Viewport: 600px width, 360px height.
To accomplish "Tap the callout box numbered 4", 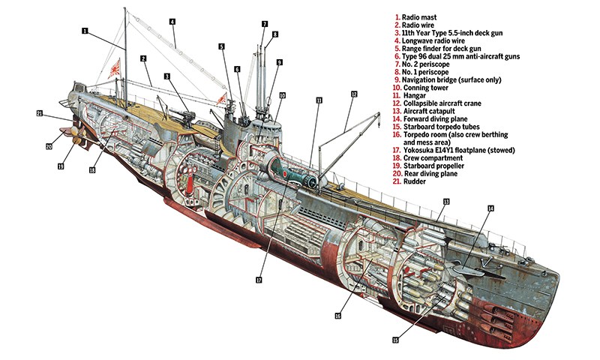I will pyautogui.click(x=172, y=22).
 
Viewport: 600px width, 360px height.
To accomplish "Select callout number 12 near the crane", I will pyautogui.click(x=353, y=94).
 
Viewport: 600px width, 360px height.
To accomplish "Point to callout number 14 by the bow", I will pyautogui.click(x=491, y=208).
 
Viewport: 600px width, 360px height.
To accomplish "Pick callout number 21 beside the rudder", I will pyautogui.click(x=40, y=114).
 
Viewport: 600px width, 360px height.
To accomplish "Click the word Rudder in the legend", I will pyautogui.click(x=415, y=181).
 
